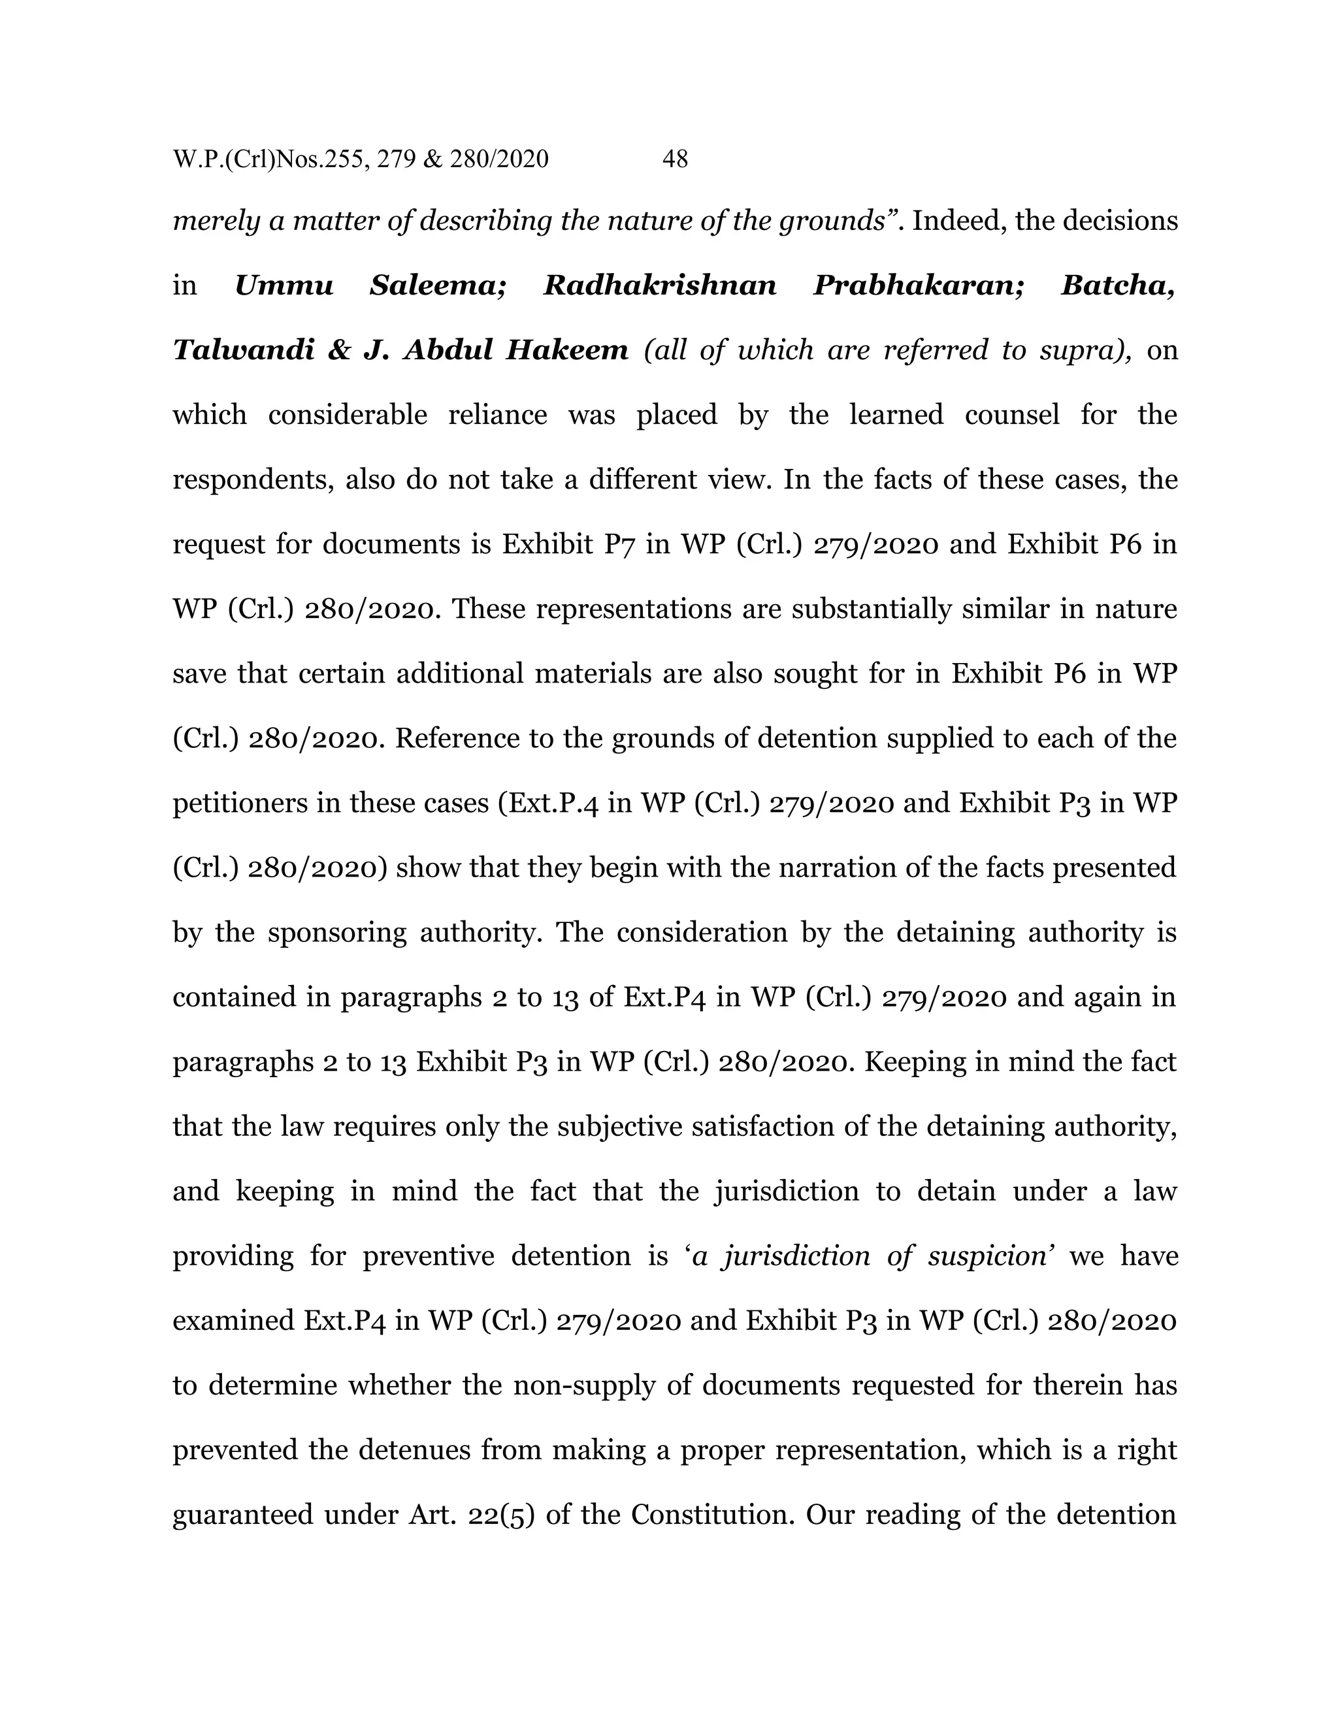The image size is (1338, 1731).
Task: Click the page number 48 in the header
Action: [x=674, y=159]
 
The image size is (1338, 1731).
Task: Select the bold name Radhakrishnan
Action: [x=659, y=285]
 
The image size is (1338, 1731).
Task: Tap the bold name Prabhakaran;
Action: [x=919, y=285]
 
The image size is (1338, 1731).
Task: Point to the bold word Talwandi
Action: [x=243, y=349]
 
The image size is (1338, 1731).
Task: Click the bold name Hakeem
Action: [x=566, y=349]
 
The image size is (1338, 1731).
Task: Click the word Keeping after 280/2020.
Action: [x=909, y=1062]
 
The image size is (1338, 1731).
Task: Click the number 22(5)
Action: [x=501, y=1515]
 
